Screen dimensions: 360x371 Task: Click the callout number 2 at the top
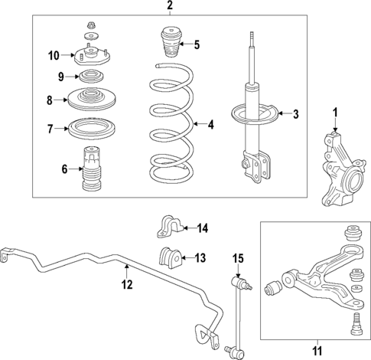click(170, 6)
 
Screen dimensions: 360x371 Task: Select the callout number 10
click(53, 55)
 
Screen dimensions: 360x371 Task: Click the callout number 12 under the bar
click(127, 286)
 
